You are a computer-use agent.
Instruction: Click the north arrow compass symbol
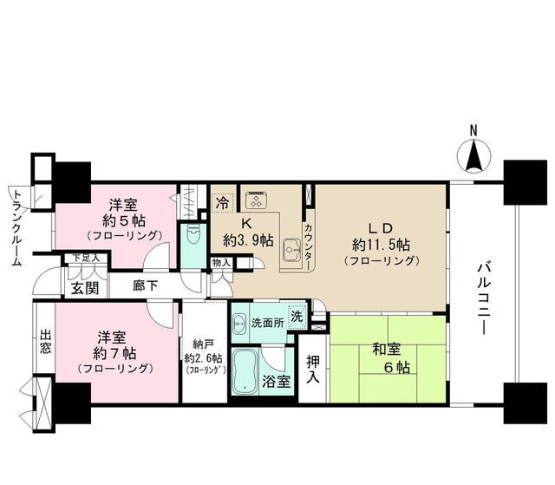pyautogui.click(x=474, y=156)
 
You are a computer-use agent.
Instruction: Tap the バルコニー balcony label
pyautogui.click(x=483, y=298)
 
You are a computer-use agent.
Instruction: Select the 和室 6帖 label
pyautogui.click(x=391, y=358)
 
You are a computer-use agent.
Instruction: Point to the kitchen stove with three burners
pyautogui.click(x=256, y=200)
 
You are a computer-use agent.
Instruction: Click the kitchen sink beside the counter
pyautogui.click(x=291, y=249)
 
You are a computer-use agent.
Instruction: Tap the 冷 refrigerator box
pyautogui.click(x=222, y=203)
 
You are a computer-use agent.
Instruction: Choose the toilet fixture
pyautogui.click(x=193, y=235)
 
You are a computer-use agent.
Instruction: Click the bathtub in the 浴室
pyautogui.click(x=245, y=371)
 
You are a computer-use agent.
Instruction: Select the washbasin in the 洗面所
pyautogui.click(x=240, y=324)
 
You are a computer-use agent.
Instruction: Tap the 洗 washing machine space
pyautogui.click(x=297, y=316)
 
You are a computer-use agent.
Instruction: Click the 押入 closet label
pyautogui.click(x=313, y=369)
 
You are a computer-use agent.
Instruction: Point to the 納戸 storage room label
pyautogui.click(x=204, y=357)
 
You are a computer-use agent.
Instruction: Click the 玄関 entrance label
pyautogui.click(x=85, y=289)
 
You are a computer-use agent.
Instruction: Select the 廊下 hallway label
pyautogui.click(x=145, y=285)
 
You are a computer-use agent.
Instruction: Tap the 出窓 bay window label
pyautogui.click(x=45, y=342)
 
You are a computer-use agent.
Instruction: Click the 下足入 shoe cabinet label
pyautogui.click(x=87, y=258)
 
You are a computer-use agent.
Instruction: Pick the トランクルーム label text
pyautogui.click(x=16, y=228)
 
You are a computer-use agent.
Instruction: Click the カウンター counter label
pyautogui.click(x=309, y=246)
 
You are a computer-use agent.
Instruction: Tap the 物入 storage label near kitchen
pyautogui.click(x=222, y=263)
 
